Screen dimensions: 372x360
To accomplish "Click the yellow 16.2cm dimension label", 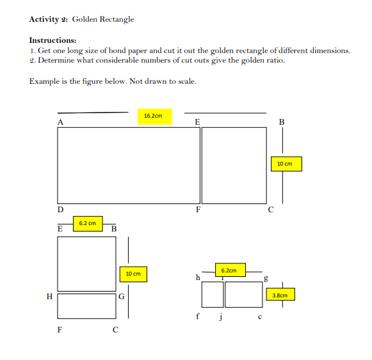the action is tap(154, 116).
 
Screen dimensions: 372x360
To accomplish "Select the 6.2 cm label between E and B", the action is tap(88, 223).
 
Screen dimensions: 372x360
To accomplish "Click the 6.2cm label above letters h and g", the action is tap(229, 270).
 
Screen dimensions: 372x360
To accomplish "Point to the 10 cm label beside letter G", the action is tap(133, 274).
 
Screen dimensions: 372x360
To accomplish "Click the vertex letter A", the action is tap(60, 121).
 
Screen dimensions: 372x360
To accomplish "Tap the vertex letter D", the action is tap(60, 209).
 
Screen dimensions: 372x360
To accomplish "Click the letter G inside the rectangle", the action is tap(120, 297).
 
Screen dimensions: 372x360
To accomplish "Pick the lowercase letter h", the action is tap(198, 278).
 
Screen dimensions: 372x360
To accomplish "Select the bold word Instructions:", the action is tap(53, 40).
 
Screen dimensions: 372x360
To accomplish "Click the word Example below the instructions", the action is tap(44, 81).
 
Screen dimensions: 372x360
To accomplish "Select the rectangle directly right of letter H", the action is tap(86, 305).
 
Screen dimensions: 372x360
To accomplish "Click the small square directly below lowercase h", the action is tap(212, 294).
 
